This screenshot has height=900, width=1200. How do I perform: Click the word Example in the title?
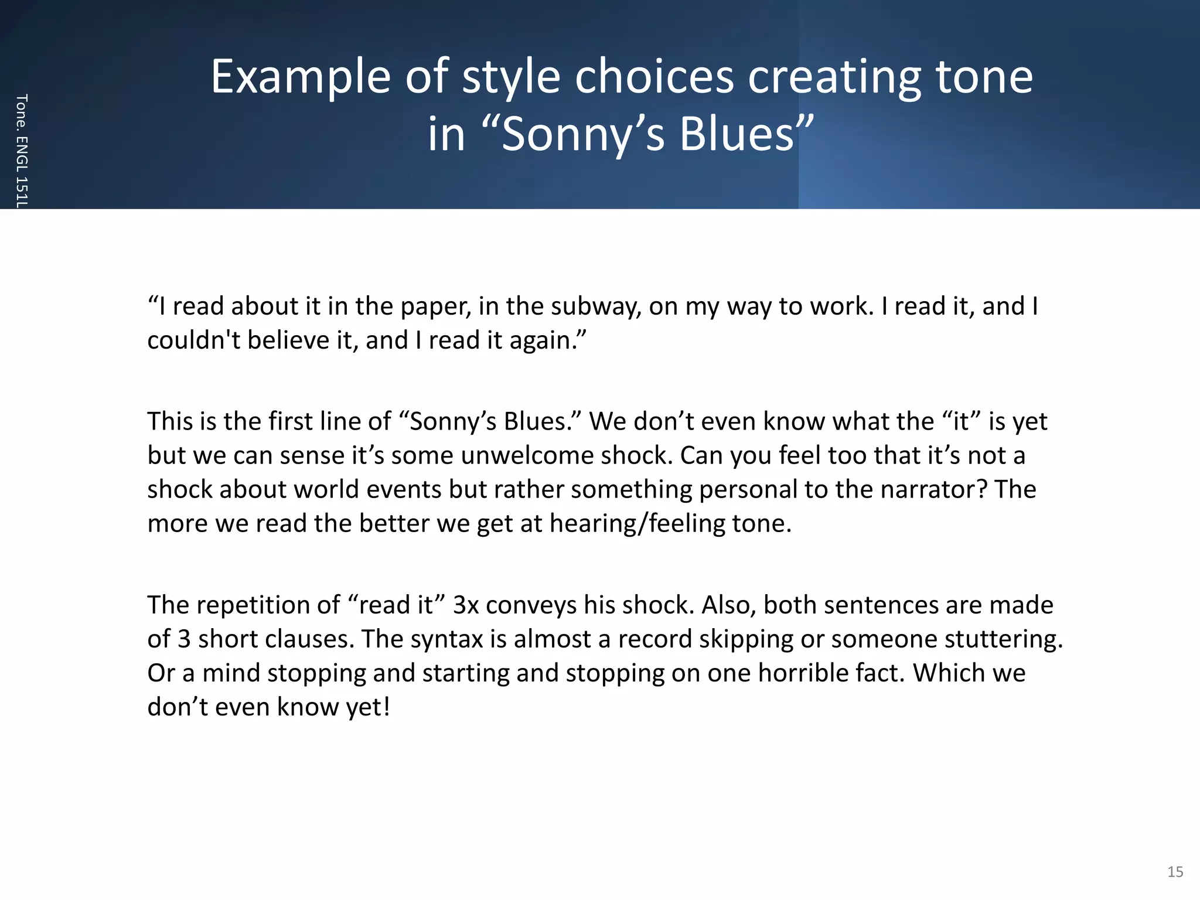300,77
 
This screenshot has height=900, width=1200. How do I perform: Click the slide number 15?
1175,871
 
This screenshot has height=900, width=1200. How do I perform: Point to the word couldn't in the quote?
193,340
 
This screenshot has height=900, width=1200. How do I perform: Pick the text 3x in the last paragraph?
466,605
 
